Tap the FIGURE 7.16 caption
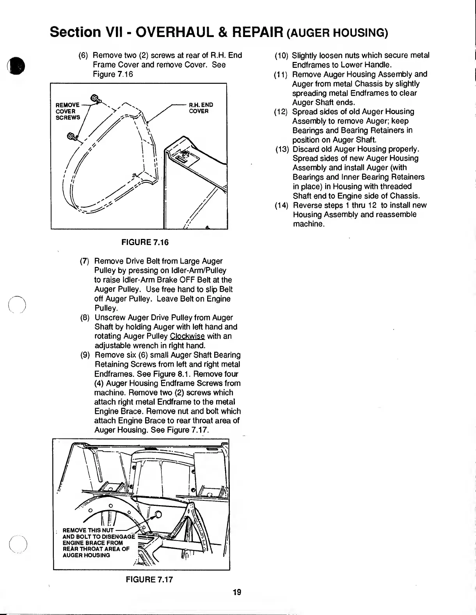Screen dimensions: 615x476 pyautogui.click(x=145, y=242)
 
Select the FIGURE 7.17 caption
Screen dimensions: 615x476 pyautogui.click(x=149, y=579)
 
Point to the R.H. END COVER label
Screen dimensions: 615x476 pyautogui.click(x=201, y=108)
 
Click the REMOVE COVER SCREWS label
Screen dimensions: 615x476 pyautogui.click(x=68, y=111)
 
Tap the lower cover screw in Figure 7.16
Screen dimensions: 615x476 pyautogui.click(x=72, y=136)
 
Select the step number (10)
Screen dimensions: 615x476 pyautogui.click(x=281, y=56)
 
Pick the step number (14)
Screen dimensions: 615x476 pyautogui.click(x=281, y=205)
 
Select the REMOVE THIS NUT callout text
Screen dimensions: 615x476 pyautogui.click(x=88, y=530)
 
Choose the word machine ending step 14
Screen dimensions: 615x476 pyautogui.click(x=308, y=224)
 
